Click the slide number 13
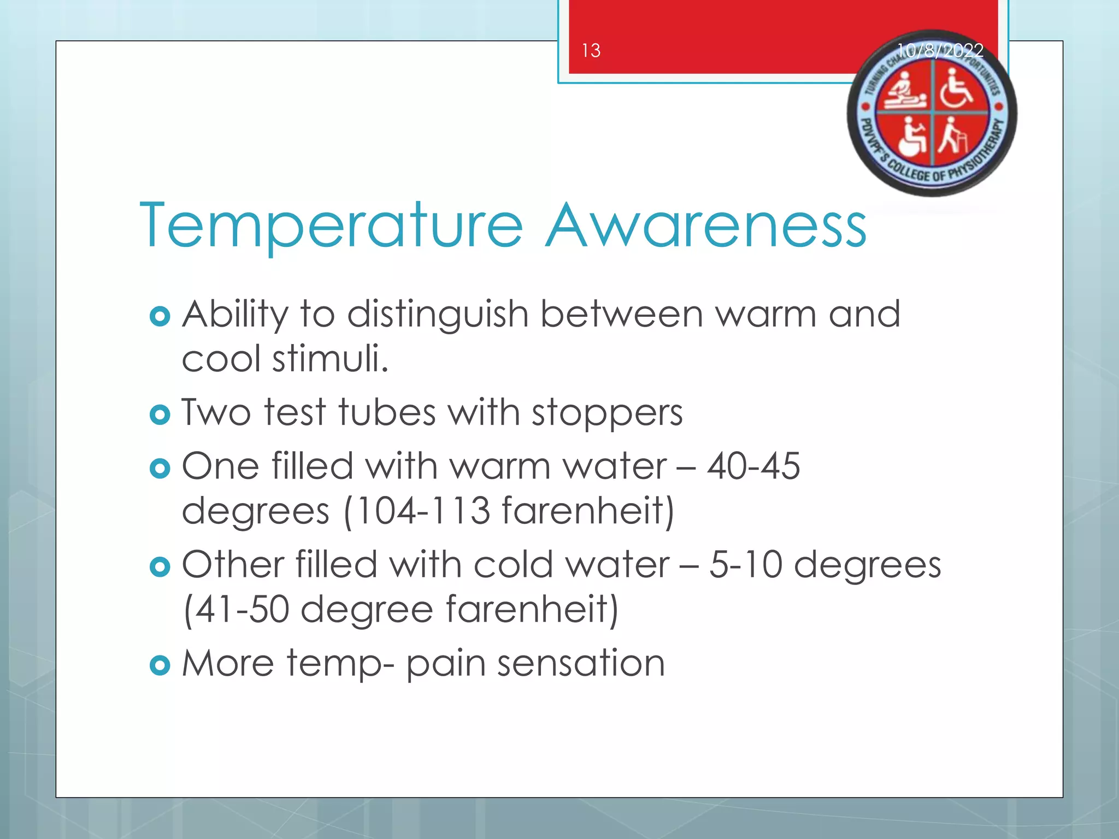(591, 51)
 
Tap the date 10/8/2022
(940, 51)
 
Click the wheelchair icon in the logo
(956, 88)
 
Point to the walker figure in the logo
(952, 137)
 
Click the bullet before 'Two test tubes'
(160, 415)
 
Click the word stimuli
(331, 359)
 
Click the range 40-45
(753, 466)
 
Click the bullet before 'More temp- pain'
(160, 665)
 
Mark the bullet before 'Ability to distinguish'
(160, 316)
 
